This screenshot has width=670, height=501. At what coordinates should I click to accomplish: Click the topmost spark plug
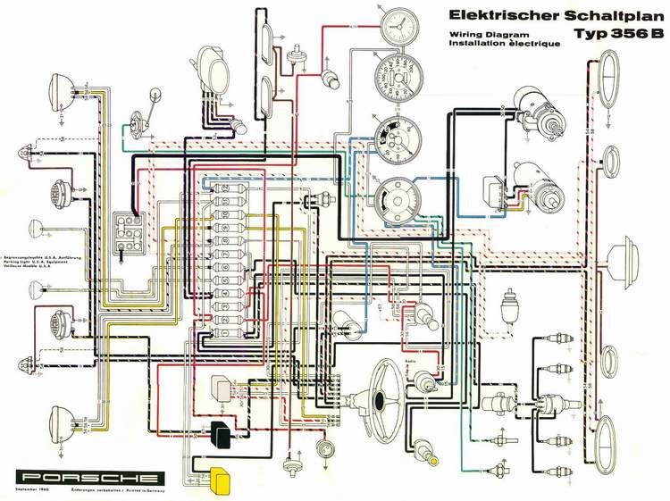point(547,341)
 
